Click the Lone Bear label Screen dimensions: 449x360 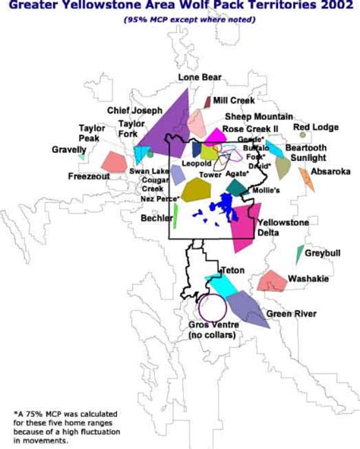click(x=200, y=77)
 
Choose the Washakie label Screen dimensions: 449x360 click(x=308, y=279)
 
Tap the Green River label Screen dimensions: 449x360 click(x=288, y=313)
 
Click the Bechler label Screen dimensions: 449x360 click(x=156, y=218)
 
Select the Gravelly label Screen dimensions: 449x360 click(x=69, y=150)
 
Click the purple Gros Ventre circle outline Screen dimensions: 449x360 click(x=212, y=308)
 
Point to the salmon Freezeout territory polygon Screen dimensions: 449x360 click(x=114, y=161)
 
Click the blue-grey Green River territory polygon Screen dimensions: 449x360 click(x=247, y=308)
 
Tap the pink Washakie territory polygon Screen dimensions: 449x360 click(x=272, y=280)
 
